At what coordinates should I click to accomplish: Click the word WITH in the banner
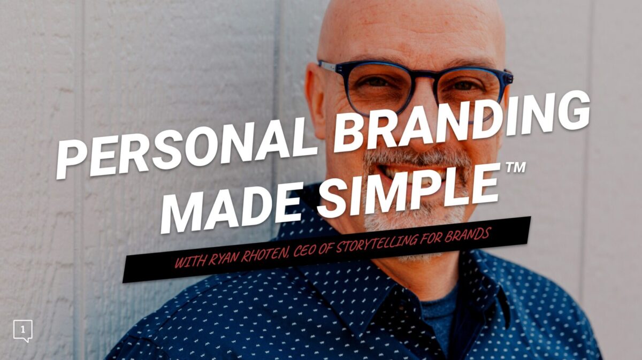tap(190, 262)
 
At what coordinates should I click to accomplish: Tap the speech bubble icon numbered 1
tap(23, 331)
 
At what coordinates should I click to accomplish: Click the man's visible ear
tap(315, 101)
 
